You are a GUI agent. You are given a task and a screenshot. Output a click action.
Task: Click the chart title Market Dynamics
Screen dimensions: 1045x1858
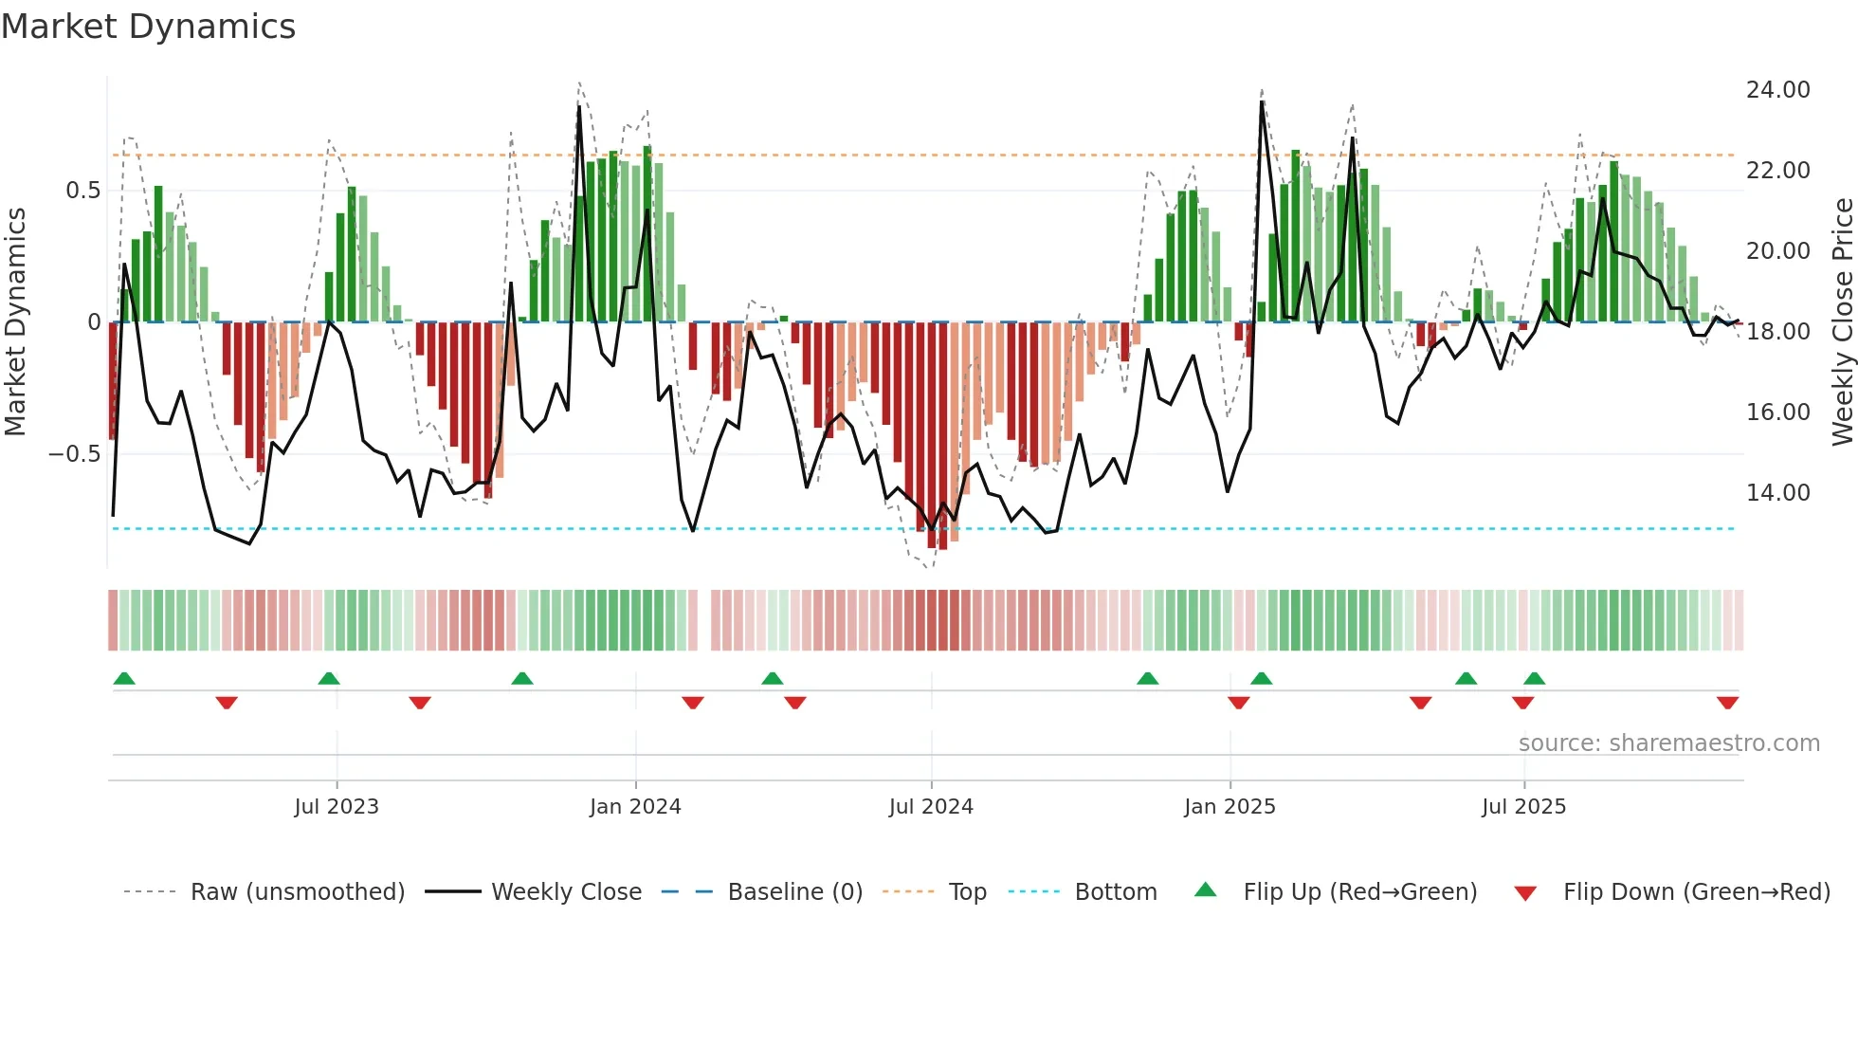coord(149,27)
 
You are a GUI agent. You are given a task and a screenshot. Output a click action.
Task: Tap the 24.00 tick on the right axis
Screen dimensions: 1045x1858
coord(1777,90)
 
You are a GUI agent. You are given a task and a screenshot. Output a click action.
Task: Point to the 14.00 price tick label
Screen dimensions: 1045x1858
coord(1777,493)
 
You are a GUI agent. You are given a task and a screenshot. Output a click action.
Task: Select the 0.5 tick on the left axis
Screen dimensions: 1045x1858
coord(82,191)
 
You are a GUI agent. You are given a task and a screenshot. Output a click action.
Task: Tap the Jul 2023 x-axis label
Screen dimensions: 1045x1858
coord(336,807)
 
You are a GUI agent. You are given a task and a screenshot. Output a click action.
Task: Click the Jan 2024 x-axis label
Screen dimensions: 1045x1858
coord(635,807)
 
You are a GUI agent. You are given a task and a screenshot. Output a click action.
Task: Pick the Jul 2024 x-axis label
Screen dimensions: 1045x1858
coord(931,807)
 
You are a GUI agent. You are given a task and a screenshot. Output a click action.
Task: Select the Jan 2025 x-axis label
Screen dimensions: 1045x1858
coord(1230,807)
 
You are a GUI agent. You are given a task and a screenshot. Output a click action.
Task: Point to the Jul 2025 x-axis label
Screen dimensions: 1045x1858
coord(1523,807)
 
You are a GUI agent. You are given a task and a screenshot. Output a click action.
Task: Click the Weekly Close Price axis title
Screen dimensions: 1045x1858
coord(1842,322)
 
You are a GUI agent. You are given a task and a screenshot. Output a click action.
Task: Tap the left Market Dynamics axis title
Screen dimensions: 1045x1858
coord(15,322)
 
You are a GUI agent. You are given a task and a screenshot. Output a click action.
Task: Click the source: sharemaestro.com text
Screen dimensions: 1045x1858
coord(1668,743)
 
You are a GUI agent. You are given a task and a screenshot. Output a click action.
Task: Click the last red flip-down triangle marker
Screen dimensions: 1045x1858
coord(1727,703)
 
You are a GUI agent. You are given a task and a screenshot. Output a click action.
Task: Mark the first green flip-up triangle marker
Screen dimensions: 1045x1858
coord(124,678)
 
